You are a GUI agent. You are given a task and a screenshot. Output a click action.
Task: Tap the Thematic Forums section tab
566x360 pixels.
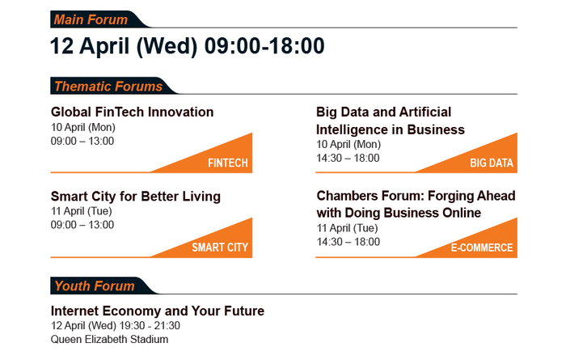tap(110, 86)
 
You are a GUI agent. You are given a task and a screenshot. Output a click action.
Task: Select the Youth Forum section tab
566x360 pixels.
tap(101, 286)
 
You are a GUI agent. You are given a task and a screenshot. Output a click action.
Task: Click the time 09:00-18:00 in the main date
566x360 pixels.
tap(264, 46)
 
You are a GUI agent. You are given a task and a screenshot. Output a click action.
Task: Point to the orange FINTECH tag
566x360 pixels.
tap(228, 163)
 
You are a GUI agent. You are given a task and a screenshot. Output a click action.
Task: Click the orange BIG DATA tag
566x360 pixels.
tap(492, 163)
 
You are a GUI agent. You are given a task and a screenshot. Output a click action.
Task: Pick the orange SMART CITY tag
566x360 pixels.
tap(220, 248)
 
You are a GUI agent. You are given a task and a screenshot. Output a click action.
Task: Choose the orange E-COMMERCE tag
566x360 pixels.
tap(482, 248)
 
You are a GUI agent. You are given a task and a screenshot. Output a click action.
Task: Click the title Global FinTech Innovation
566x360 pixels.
tap(132, 112)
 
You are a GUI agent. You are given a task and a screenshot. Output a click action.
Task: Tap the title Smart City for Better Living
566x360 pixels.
tap(136, 197)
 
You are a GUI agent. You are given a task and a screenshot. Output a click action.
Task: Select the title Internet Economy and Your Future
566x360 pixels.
tap(158, 311)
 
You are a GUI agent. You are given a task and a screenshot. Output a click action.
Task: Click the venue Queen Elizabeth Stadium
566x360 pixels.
tap(109, 340)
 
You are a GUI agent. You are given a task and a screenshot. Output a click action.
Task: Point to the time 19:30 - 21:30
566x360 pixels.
tap(150, 325)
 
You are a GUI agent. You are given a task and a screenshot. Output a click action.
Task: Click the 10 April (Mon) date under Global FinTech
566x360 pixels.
tap(83, 128)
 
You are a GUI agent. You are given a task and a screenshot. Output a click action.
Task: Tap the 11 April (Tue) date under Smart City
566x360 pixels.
tap(82, 211)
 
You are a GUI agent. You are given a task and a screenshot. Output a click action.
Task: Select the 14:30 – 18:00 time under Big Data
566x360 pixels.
tap(348, 158)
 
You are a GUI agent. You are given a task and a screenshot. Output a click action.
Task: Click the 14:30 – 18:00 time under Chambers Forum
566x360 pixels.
tap(348, 242)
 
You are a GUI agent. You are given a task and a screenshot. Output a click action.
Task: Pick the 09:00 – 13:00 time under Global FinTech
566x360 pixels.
tap(82, 142)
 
